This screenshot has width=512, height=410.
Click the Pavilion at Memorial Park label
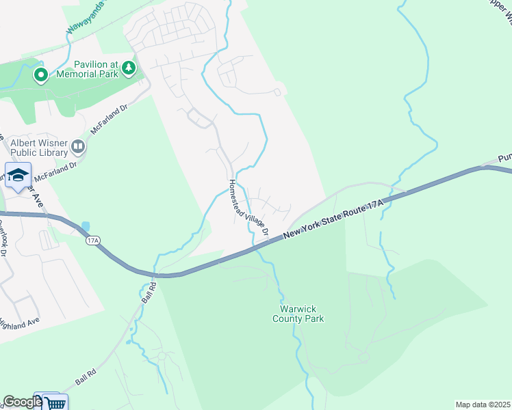[87, 69]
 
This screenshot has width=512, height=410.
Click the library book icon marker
[79, 146]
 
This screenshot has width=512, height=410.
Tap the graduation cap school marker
[18, 175]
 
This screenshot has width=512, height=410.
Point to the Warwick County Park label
[298, 313]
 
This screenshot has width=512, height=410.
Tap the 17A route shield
[93, 240]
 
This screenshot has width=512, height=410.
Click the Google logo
[21, 402]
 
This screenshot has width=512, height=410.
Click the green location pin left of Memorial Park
[40, 74]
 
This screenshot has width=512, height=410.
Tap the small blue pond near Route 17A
[85, 226]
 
